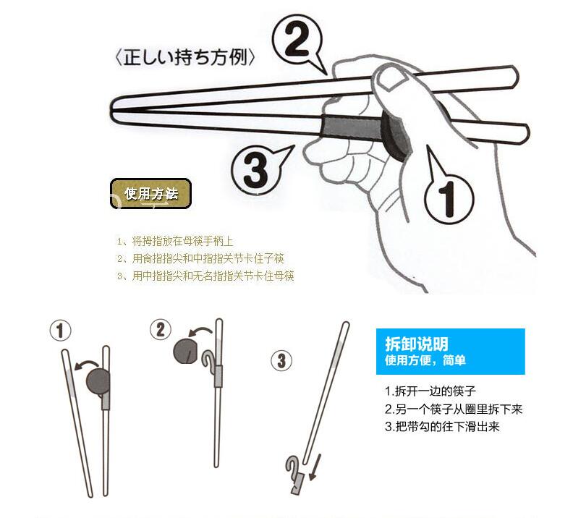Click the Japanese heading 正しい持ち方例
pyautogui.click(x=184, y=58)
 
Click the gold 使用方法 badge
pyautogui.click(x=150, y=194)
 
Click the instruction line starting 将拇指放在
pyautogui.click(x=175, y=241)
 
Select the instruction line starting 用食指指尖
pyautogui.click(x=200, y=258)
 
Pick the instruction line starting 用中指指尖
pyautogui.click(x=205, y=276)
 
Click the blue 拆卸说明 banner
pyautogui.click(x=451, y=352)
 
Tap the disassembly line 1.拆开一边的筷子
pyautogui.click(x=430, y=391)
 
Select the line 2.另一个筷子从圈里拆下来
pyautogui.click(x=454, y=409)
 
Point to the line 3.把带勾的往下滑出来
pyautogui.click(x=442, y=427)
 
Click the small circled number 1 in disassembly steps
pyautogui.click(x=60, y=331)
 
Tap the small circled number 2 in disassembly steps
pyautogui.click(x=161, y=329)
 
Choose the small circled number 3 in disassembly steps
pyautogui.click(x=281, y=361)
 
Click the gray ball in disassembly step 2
pyautogui.click(x=185, y=352)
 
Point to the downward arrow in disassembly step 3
pyautogui.click(x=315, y=467)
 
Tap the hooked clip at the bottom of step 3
pyautogui.click(x=294, y=475)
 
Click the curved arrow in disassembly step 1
pyautogui.click(x=86, y=364)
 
